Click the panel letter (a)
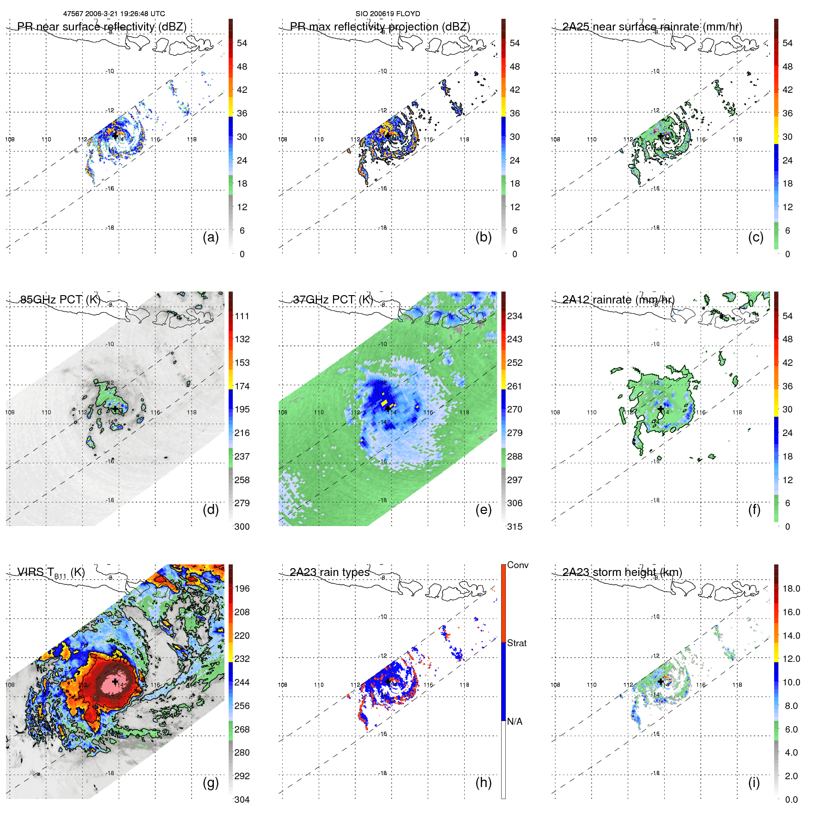(x=211, y=237)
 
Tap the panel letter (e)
(x=483, y=510)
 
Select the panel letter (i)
(x=754, y=782)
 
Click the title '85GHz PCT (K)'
(x=60, y=299)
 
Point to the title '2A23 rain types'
(x=329, y=572)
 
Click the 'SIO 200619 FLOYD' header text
(x=388, y=14)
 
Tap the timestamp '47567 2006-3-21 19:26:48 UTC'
(x=114, y=14)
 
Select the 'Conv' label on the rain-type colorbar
(x=518, y=565)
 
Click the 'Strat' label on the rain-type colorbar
(x=517, y=643)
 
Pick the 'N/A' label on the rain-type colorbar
(x=515, y=721)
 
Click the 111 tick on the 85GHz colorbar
(x=242, y=316)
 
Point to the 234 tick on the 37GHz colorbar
(x=515, y=316)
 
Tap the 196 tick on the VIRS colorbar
(x=242, y=588)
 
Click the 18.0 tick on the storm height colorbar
(x=791, y=588)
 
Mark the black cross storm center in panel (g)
(x=115, y=682)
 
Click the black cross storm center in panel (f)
(x=660, y=409)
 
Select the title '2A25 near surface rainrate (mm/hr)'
(x=652, y=27)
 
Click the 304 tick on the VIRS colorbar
(x=242, y=800)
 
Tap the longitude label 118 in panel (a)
(x=192, y=139)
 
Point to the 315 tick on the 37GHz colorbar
(x=515, y=527)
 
